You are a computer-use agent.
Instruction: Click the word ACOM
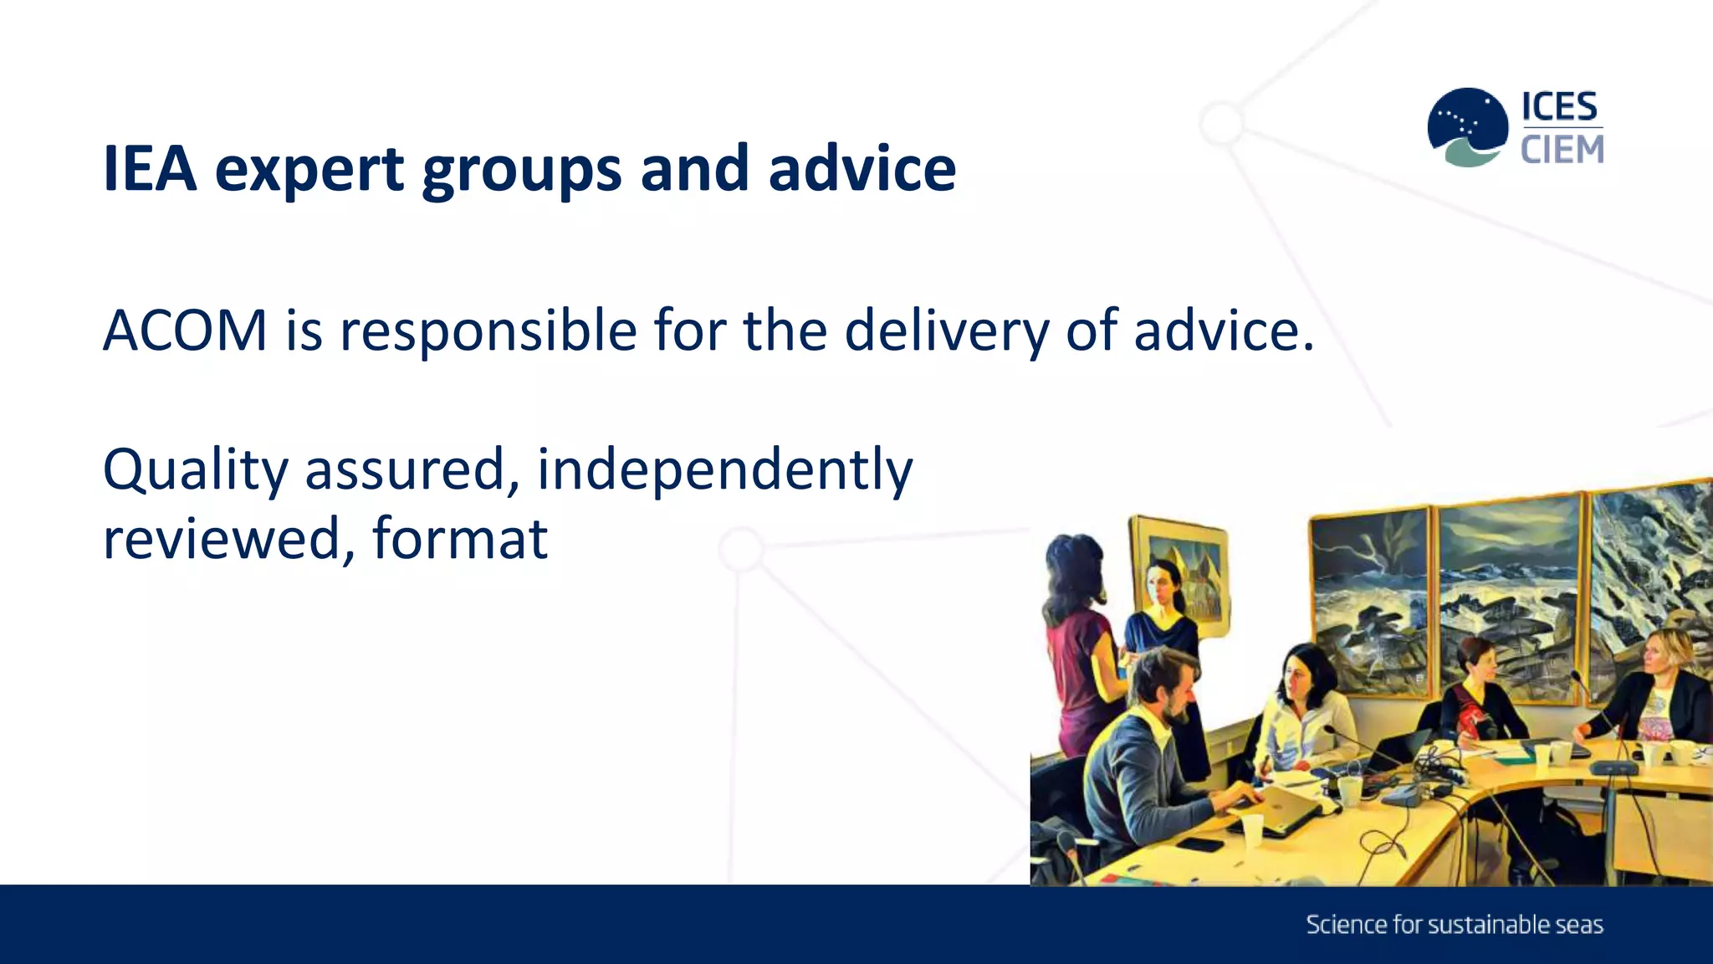tap(185, 330)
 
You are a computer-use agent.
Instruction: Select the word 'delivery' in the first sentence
tap(946, 331)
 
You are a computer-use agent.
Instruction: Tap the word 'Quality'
tap(195, 470)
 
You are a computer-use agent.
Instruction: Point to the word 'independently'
tap(724, 470)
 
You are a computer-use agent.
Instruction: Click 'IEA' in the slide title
tap(150, 169)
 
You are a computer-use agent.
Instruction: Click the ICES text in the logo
tap(1559, 107)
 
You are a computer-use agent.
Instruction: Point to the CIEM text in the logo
tap(1562, 150)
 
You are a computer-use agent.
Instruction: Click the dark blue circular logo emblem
tap(1467, 126)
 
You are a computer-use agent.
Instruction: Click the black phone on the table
tap(1200, 843)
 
